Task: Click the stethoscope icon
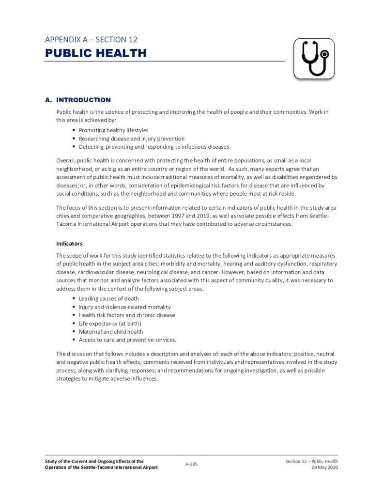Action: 314,59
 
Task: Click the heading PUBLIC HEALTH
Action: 96,53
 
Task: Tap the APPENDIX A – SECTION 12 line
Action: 94,39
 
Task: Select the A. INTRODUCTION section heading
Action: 78,100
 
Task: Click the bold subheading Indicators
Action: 70,243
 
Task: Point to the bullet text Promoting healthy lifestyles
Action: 114,130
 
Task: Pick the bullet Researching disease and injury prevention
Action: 125,139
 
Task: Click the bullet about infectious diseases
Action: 154,147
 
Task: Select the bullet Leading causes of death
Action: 109,298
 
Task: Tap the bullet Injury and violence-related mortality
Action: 125,307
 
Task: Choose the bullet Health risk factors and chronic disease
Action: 127,315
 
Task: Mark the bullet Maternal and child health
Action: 111,331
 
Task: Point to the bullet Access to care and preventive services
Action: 127,340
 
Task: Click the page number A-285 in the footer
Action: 191,464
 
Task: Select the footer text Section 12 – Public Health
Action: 311,461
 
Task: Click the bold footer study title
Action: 101,464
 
